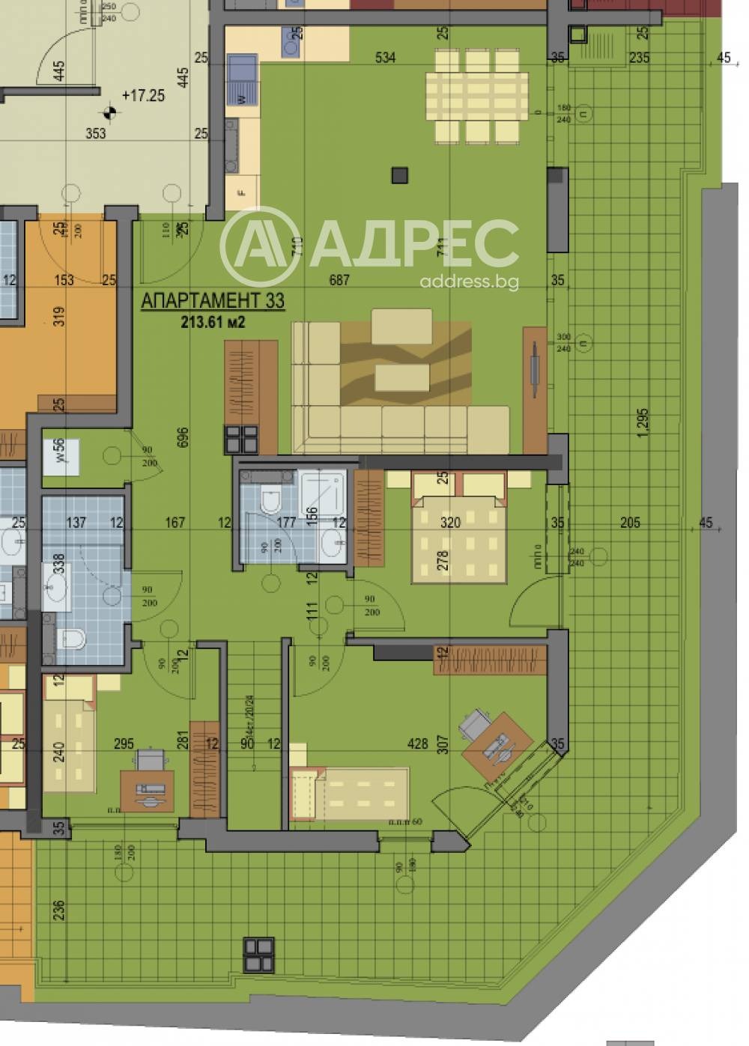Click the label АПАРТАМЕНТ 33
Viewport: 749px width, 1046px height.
[213, 301]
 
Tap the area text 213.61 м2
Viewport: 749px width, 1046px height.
[213, 323]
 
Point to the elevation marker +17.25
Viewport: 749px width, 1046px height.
[143, 96]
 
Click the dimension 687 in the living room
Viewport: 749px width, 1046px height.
[339, 280]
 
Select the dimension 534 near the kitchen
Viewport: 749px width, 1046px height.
[385, 57]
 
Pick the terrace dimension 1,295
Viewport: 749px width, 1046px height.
[642, 422]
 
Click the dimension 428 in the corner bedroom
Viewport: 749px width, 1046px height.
[417, 744]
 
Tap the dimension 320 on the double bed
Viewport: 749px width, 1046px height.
[449, 523]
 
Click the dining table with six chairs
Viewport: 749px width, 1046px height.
[476, 96]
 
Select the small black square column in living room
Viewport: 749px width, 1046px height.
[400, 175]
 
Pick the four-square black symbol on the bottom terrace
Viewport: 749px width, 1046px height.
[258, 953]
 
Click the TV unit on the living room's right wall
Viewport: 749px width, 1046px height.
[535, 389]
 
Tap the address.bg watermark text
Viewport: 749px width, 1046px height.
[469, 282]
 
